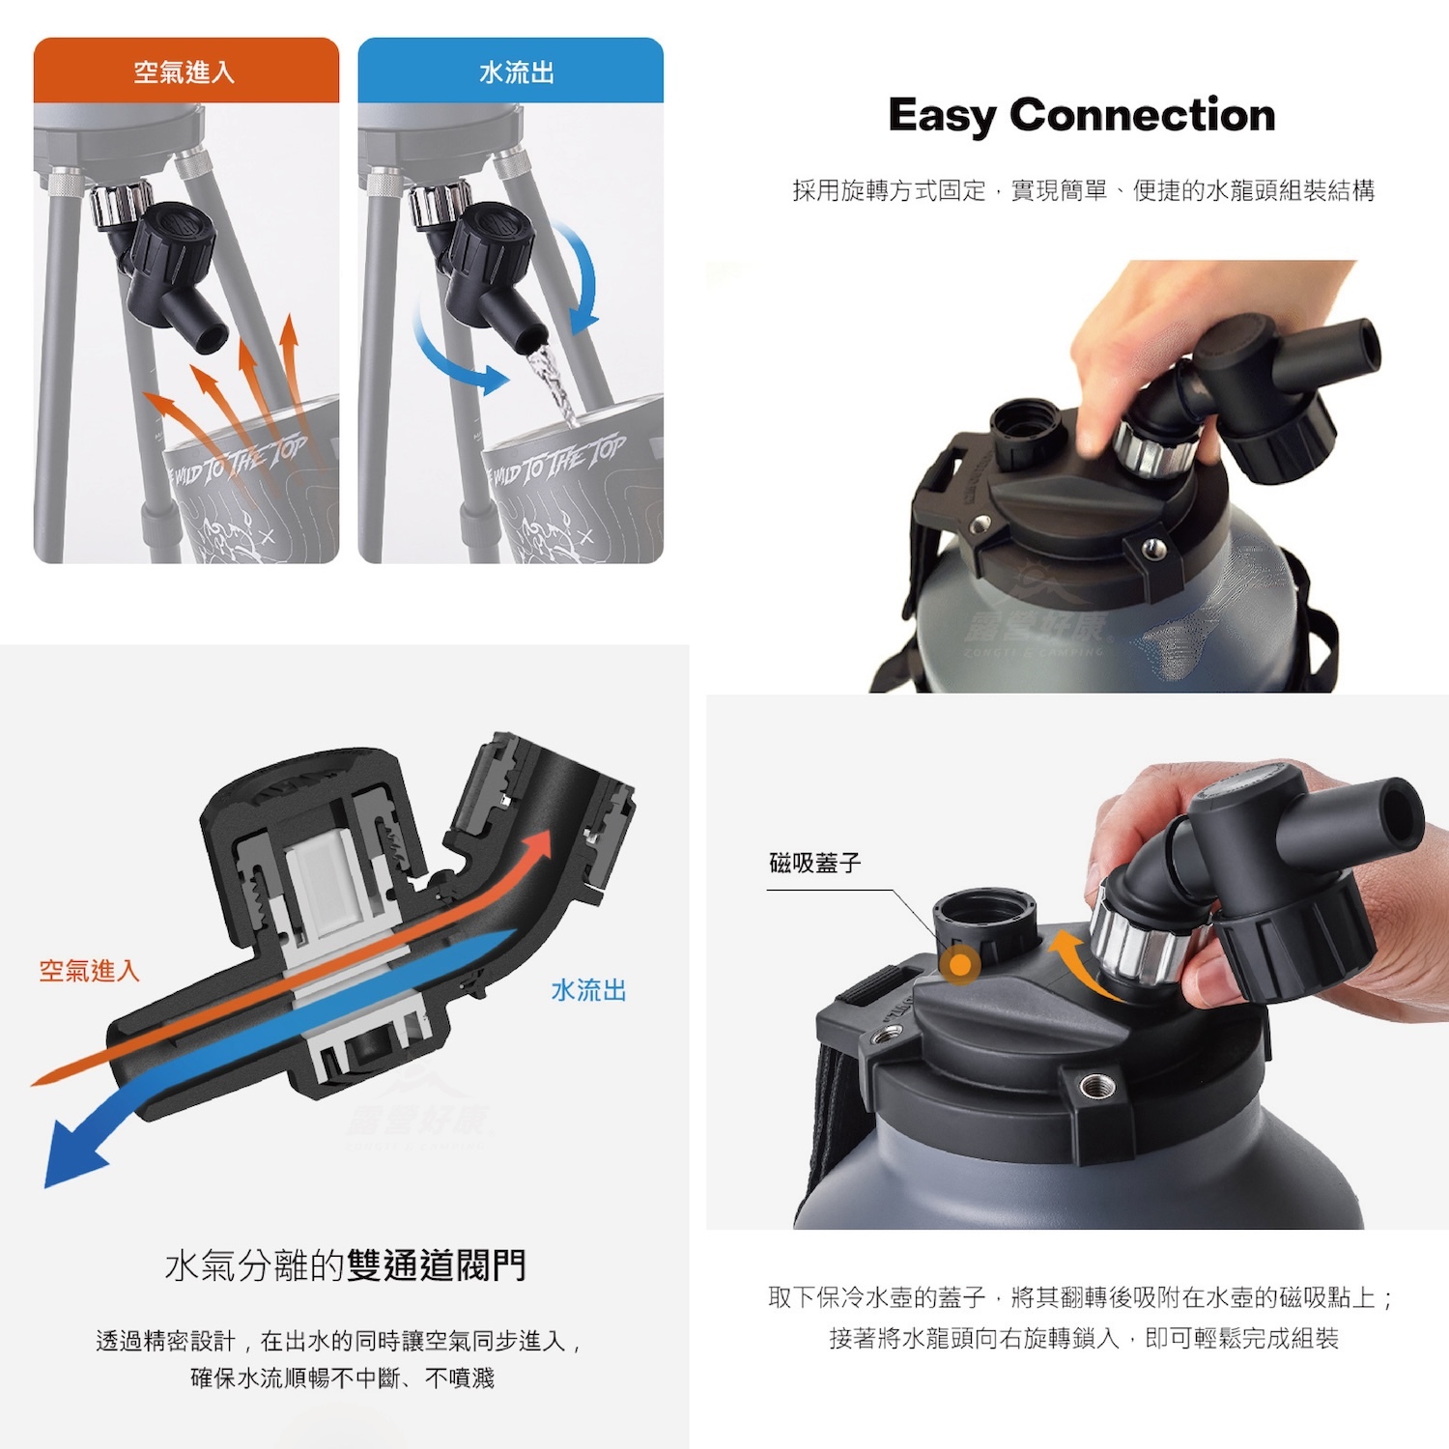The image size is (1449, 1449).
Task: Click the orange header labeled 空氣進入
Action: (x=185, y=71)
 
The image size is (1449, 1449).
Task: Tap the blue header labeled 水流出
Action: (x=511, y=71)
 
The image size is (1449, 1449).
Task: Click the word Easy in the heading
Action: (x=942, y=116)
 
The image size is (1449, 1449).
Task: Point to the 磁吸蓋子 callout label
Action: (x=814, y=863)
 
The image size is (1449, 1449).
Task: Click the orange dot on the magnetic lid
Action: (x=961, y=964)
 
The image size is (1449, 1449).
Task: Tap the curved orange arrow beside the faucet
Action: (x=1077, y=961)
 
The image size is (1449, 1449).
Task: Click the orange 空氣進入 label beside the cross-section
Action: (x=89, y=971)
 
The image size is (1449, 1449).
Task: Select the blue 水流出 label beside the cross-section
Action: (x=588, y=990)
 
